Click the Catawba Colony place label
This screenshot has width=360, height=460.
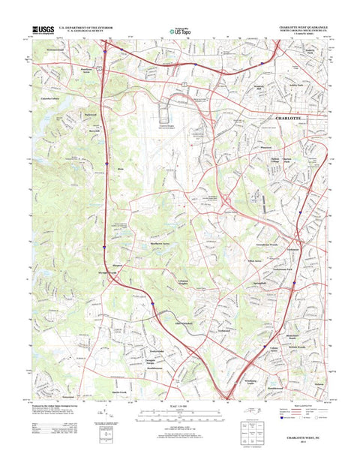pyautogui.click(x=53, y=97)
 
